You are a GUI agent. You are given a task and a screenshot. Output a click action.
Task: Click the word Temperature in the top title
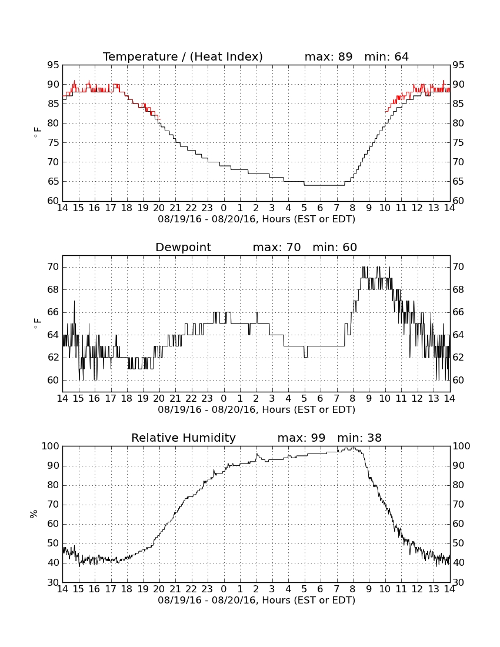[x=140, y=56]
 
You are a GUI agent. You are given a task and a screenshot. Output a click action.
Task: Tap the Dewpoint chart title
[x=183, y=247]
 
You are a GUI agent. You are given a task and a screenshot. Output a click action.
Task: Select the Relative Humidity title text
[x=184, y=438]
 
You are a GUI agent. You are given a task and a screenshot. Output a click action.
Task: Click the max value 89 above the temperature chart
[x=345, y=56]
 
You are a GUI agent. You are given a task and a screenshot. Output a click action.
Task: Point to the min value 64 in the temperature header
[x=401, y=56]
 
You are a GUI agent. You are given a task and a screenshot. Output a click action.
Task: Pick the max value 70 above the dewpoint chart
[x=294, y=247]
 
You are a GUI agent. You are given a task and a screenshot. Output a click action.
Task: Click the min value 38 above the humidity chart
[x=374, y=438]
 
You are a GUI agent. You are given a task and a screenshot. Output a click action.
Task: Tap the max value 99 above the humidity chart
[x=318, y=438]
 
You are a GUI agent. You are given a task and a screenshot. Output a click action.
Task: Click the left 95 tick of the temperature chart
[x=53, y=65]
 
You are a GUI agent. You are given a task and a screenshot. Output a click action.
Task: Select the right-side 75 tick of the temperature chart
[x=458, y=143]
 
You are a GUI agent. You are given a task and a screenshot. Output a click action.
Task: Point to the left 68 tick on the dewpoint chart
[x=53, y=289]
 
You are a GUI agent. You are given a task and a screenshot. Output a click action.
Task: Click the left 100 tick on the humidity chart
[x=51, y=446]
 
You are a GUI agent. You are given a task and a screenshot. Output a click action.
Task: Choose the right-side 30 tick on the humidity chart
[x=458, y=583]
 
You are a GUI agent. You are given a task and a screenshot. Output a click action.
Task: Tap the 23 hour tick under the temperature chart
[x=207, y=208]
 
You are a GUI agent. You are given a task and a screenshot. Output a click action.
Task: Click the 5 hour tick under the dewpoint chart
[x=304, y=399]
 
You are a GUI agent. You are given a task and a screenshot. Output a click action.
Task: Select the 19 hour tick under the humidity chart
[x=143, y=589]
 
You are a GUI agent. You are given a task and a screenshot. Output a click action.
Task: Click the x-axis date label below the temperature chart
[x=256, y=219]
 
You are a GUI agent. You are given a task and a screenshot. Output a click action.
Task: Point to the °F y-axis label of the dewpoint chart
[x=38, y=323]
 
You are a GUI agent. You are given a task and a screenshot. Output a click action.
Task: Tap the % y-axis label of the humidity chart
[x=34, y=513]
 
